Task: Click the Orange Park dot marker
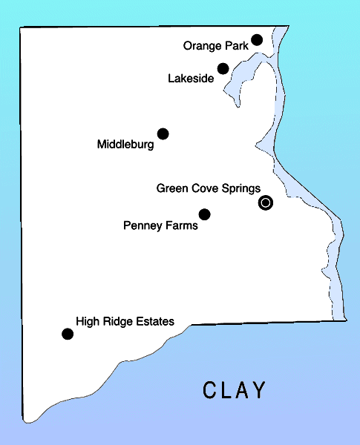(x=257, y=39)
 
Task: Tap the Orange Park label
(x=216, y=46)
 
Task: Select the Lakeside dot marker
(x=223, y=69)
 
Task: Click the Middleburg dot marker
(x=163, y=133)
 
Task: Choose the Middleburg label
(x=125, y=145)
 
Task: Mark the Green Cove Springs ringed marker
(x=265, y=202)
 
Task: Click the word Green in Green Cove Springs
(x=171, y=188)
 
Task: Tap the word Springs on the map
(x=241, y=189)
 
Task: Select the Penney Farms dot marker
(x=205, y=214)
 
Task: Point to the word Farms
(x=182, y=225)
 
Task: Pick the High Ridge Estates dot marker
(x=68, y=334)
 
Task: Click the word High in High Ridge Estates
(x=86, y=322)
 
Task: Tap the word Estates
(x=156, y=322)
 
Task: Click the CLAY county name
(x=234, y=390)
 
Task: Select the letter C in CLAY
(x=210, y=390)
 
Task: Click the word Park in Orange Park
(x=237, y=46)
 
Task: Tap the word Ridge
(x=117, y=322)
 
